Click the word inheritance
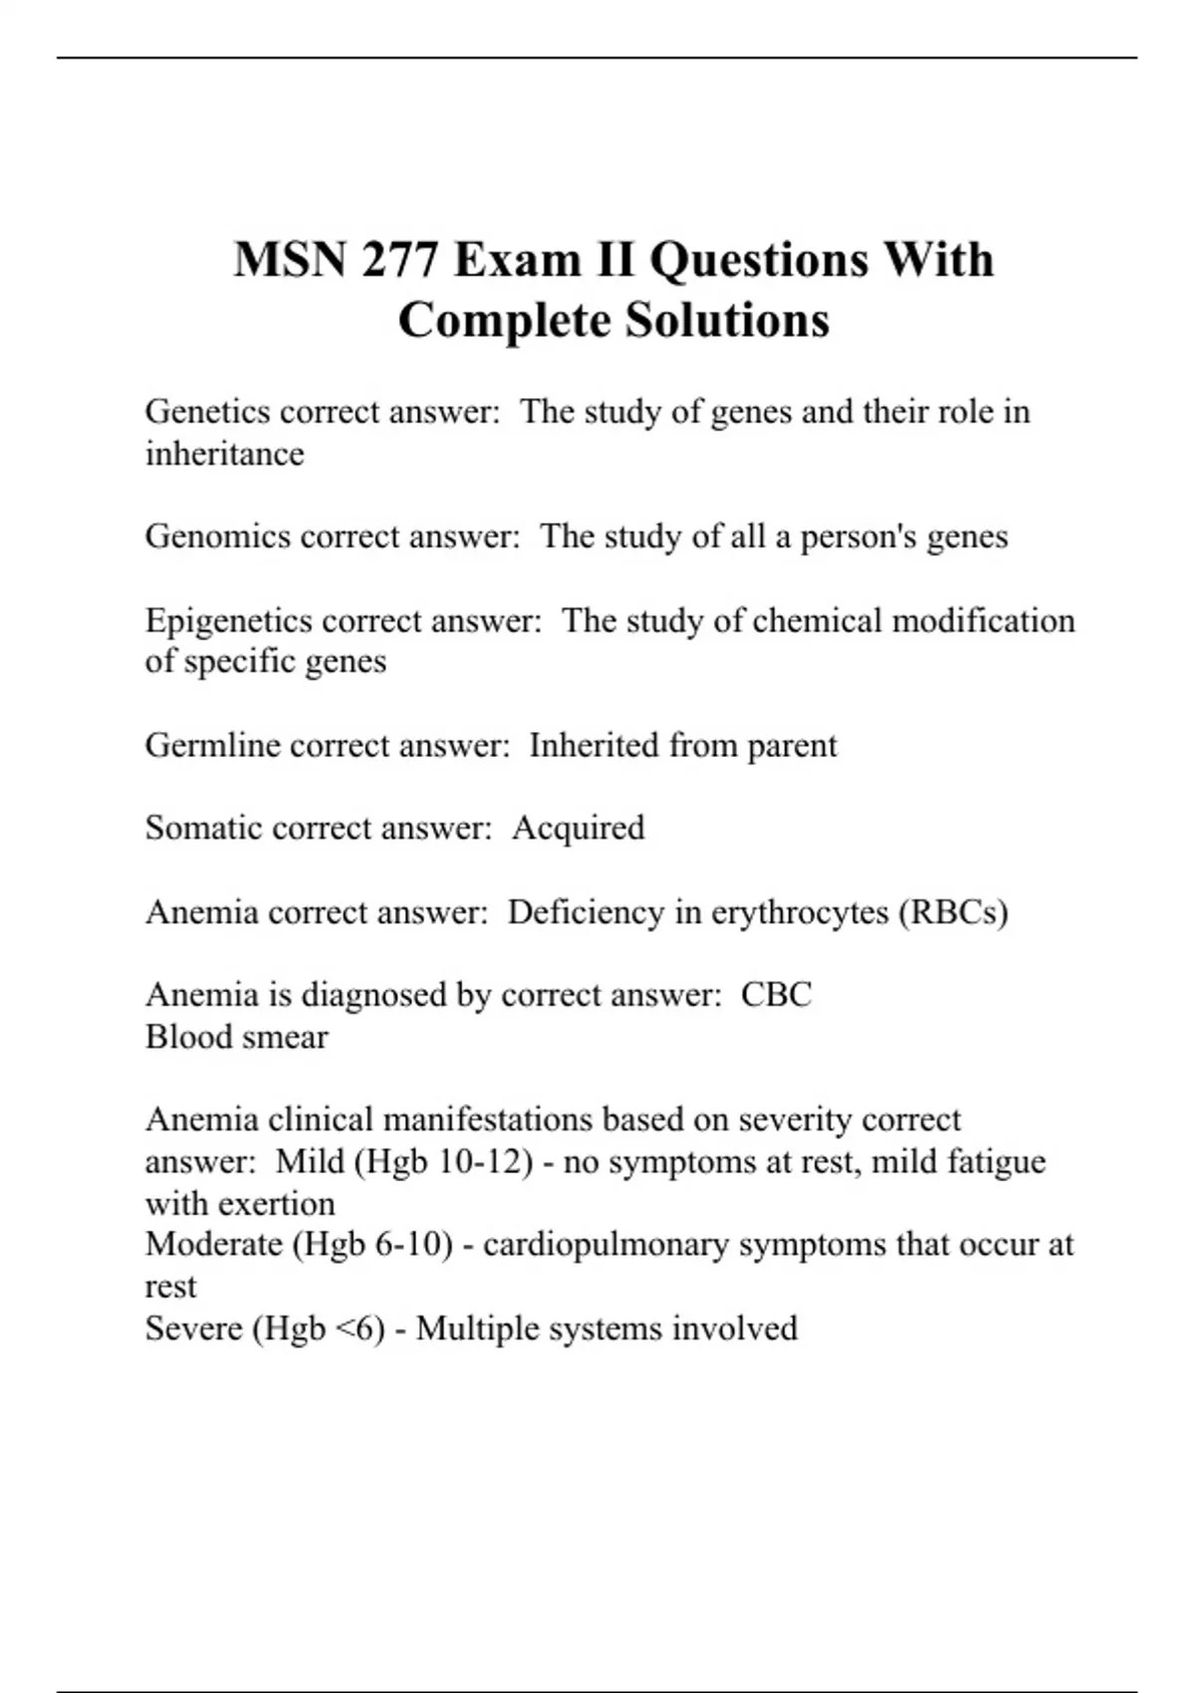coord(224,454)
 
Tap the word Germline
coord(212,745)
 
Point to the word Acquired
coord(579,828)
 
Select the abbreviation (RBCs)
coord(953,912)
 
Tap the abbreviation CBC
coord(776,995)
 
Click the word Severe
coord(193,1329)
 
